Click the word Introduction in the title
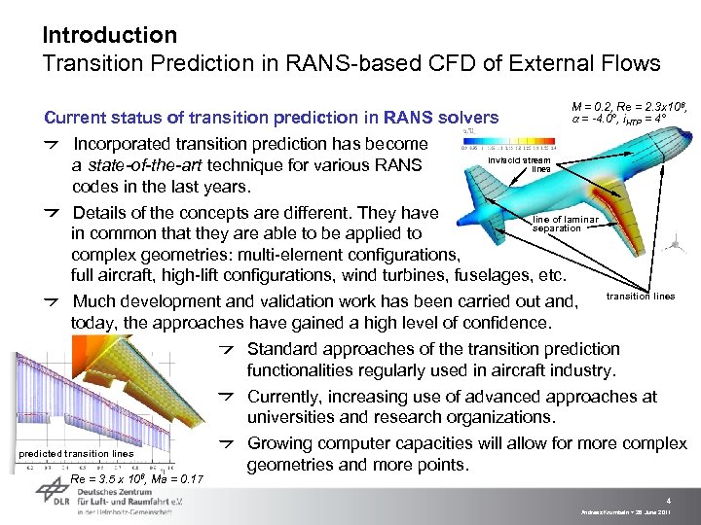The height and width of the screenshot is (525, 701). point(109,35)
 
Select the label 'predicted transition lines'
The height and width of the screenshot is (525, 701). point(75,453)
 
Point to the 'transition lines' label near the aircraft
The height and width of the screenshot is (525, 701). point(640,296)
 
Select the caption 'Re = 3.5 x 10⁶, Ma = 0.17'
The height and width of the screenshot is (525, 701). point(136,479)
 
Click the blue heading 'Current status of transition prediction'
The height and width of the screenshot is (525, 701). point(272,118)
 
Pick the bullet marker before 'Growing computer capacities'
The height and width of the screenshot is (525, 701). point(225,444)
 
